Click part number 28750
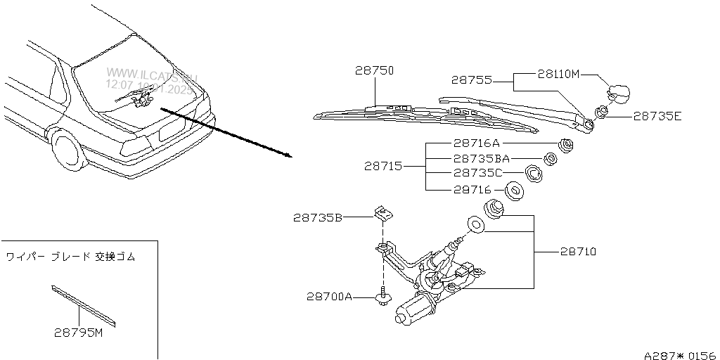[x=374, y=71]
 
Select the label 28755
[x=472, y=80]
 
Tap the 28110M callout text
[x=558, y=72]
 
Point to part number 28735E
[x=657, y=116]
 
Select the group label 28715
[x=383, y=167]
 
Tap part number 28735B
[x=317, y=218]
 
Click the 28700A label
[x=328, y=297]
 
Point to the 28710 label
[x=577, y=251]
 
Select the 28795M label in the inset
[x=79, y=333]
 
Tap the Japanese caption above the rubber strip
[x=70, y=257]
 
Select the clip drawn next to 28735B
[x=382, y=212]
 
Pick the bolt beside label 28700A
[x=382, y=298]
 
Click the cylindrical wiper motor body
[x=415, y=310]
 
